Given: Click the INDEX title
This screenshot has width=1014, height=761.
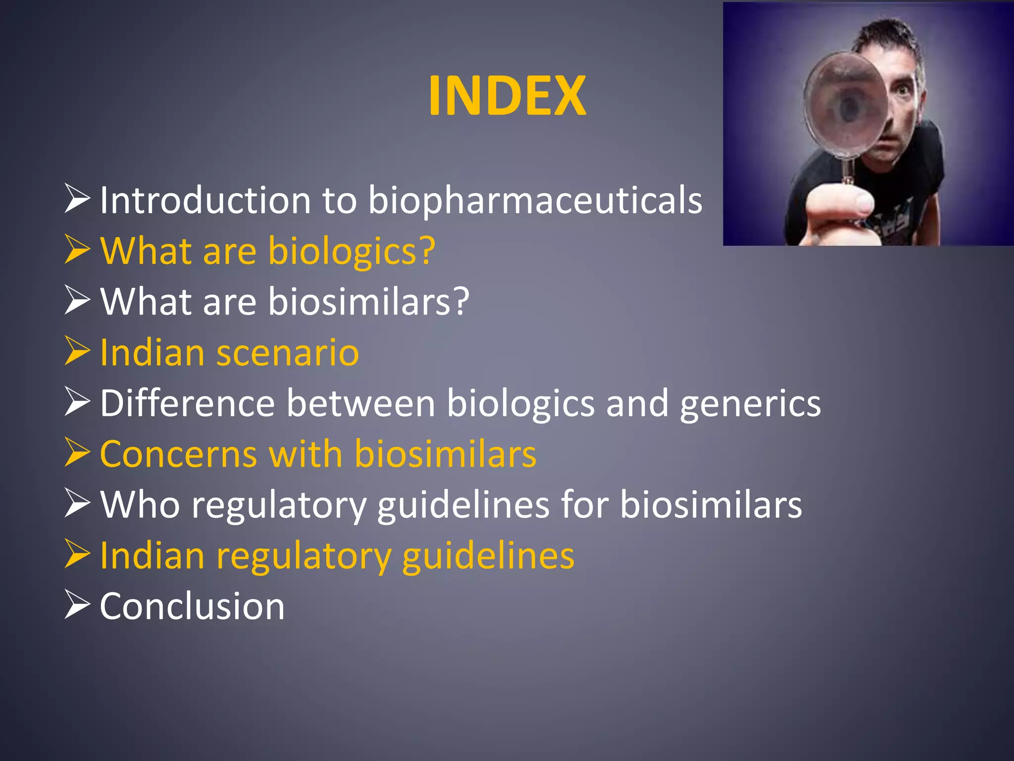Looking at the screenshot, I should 507,96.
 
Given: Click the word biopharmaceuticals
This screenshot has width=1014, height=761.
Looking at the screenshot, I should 535,201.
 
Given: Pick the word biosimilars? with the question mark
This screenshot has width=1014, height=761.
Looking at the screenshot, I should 369,302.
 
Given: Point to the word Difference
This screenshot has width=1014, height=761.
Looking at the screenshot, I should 187,403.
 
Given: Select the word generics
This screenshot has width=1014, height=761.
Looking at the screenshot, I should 750,404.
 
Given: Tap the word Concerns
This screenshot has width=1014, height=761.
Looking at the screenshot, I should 178,454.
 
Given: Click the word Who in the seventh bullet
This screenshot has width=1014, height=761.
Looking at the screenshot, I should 140,505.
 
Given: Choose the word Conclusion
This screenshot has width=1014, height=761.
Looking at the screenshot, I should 192,606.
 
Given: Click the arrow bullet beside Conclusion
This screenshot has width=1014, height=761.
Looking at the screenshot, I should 77,605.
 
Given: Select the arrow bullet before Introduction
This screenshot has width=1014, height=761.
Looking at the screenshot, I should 77,199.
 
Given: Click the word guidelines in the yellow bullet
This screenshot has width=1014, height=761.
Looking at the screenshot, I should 488,556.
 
